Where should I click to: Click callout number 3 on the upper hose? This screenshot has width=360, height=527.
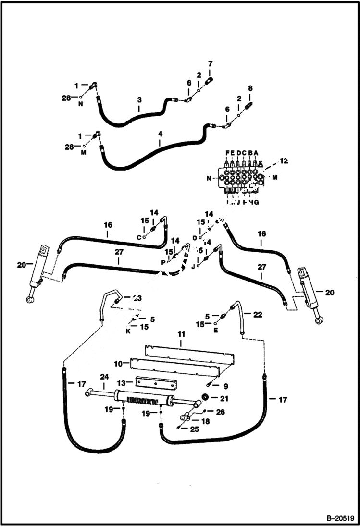[139, 100]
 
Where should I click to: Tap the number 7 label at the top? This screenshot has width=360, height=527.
[210, 63]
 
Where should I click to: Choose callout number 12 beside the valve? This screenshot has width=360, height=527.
[284, 161]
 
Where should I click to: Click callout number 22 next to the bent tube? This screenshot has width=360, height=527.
[258, 315]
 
